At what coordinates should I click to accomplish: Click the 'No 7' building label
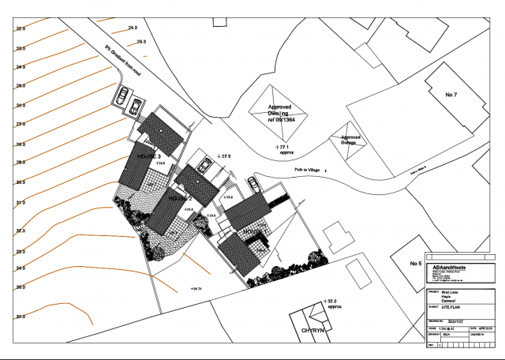coord(451,95)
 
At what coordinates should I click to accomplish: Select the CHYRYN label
coord(312,332)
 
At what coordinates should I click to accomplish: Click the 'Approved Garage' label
coord(350,140)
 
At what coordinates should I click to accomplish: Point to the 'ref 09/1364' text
coord(280,122)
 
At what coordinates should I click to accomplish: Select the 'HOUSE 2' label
coord(181,199)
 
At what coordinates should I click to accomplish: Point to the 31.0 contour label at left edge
coord(21,203)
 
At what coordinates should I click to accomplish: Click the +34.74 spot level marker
coord(196,289)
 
